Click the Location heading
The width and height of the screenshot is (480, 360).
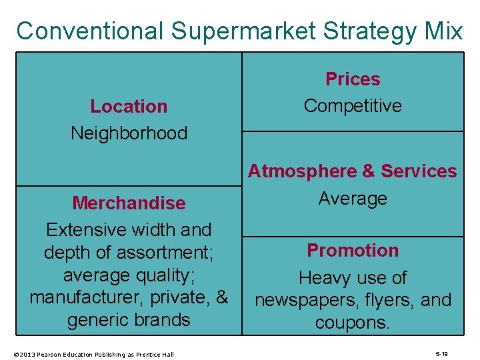[129, 106]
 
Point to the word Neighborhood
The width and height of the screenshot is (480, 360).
[129, 133]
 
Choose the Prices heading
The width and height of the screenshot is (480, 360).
[353, 79]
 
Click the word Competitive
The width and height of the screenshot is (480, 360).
[353, 106]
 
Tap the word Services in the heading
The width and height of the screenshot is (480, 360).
[419, 171]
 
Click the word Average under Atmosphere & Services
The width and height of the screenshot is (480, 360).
[353, 198]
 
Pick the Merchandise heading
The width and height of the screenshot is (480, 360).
[129, 203]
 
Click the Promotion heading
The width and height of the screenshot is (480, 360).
[353, 251]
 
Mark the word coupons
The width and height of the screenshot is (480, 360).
[353, 323]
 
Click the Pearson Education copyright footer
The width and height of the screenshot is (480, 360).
[93, 354]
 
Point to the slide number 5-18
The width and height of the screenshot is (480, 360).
[441, 354]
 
